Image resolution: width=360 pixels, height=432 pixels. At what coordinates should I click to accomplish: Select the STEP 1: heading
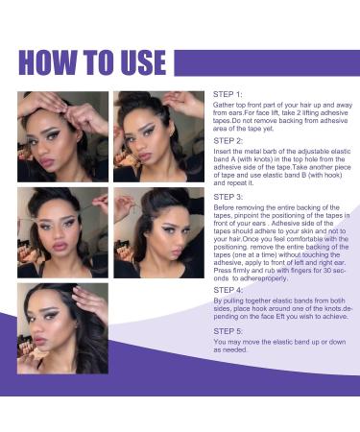(x=230, y=95)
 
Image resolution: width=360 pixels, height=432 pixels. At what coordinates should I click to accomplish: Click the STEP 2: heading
(x=230, y=140)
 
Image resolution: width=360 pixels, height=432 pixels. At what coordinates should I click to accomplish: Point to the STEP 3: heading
(x=230, y=196)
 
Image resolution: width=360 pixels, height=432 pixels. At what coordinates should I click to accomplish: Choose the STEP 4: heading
(x=230, y=289)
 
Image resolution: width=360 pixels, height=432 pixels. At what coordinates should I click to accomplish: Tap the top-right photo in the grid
(x=158, y=136)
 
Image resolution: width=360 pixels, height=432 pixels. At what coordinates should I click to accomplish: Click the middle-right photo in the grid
(x=158, y=232)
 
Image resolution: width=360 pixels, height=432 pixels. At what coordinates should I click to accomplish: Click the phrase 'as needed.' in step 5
(x=232, y=349)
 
